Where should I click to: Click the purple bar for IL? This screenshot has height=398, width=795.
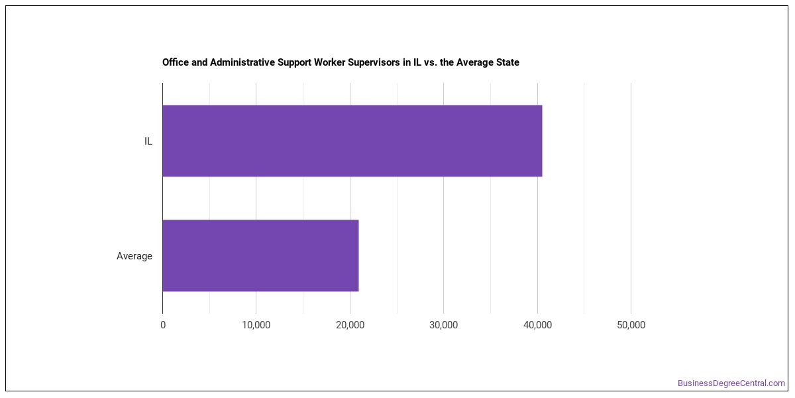click(x=352, y=141)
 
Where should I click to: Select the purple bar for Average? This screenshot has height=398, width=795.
click(x=260, y=255)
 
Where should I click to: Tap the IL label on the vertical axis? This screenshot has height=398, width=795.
click(x=148, y=141)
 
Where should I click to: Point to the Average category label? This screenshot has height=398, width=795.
click(x=134, y=256)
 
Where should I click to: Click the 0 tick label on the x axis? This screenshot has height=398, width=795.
click(x=163, y=325)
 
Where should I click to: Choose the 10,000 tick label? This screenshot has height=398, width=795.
click(x=256, y=325)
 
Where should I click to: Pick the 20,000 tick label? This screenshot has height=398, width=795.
click(x=350, y=325)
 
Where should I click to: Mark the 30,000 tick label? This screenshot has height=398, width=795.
click(x=444, y=325)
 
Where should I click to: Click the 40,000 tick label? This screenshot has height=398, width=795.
click(x=537, y=325)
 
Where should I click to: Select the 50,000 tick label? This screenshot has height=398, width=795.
click(x=631, y=325)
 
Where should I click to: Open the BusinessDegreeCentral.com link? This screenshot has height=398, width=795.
click(x=731, y=383)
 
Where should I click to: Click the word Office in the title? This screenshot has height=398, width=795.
click(x=176, y=62)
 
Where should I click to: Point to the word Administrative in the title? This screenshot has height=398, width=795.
click(x=242, y=62)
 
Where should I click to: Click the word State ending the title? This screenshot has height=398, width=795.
click(x=508, y=62)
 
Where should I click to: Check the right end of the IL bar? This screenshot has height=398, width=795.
click(x=542, y=141)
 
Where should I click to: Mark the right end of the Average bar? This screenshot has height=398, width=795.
click(x=358, y=255)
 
